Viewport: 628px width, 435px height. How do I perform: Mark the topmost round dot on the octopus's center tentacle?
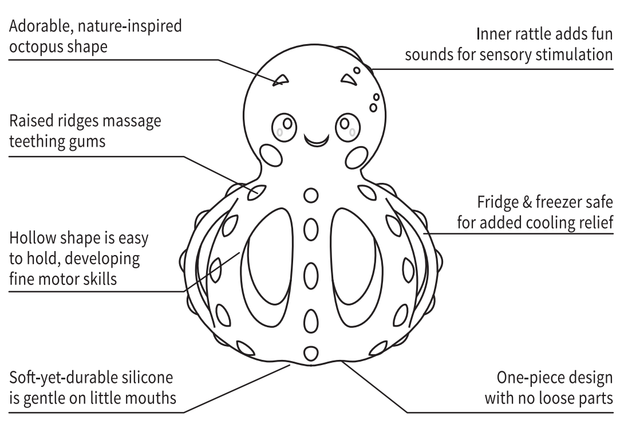coord(310,195)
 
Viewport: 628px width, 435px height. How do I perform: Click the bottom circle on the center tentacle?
coord(310,352)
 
